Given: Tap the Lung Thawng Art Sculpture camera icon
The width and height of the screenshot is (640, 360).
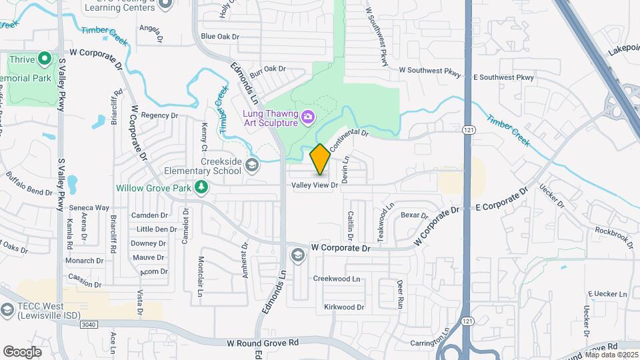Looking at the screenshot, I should (x=307, y=117).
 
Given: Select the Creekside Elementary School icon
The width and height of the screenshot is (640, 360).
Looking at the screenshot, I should (x=252, y=165).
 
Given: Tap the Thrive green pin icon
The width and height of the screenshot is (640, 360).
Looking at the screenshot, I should (x=45, y=59).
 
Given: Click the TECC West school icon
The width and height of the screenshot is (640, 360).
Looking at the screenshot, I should (x=7, y=310).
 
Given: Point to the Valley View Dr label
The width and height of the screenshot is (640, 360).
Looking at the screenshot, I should (x=314, y=186).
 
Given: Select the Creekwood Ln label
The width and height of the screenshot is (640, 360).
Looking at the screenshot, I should (x=337, y=279).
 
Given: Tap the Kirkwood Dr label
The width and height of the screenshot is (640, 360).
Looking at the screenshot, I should (x=344, y=307).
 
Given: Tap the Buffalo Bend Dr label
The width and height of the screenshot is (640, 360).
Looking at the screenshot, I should (x=29, y=183).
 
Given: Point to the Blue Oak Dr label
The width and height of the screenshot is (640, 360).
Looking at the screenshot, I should (x=219, y=37).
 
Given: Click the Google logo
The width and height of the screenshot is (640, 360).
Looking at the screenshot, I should (x=22, y=351).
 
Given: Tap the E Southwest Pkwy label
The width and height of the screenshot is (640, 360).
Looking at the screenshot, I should (x=504, y=77).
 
